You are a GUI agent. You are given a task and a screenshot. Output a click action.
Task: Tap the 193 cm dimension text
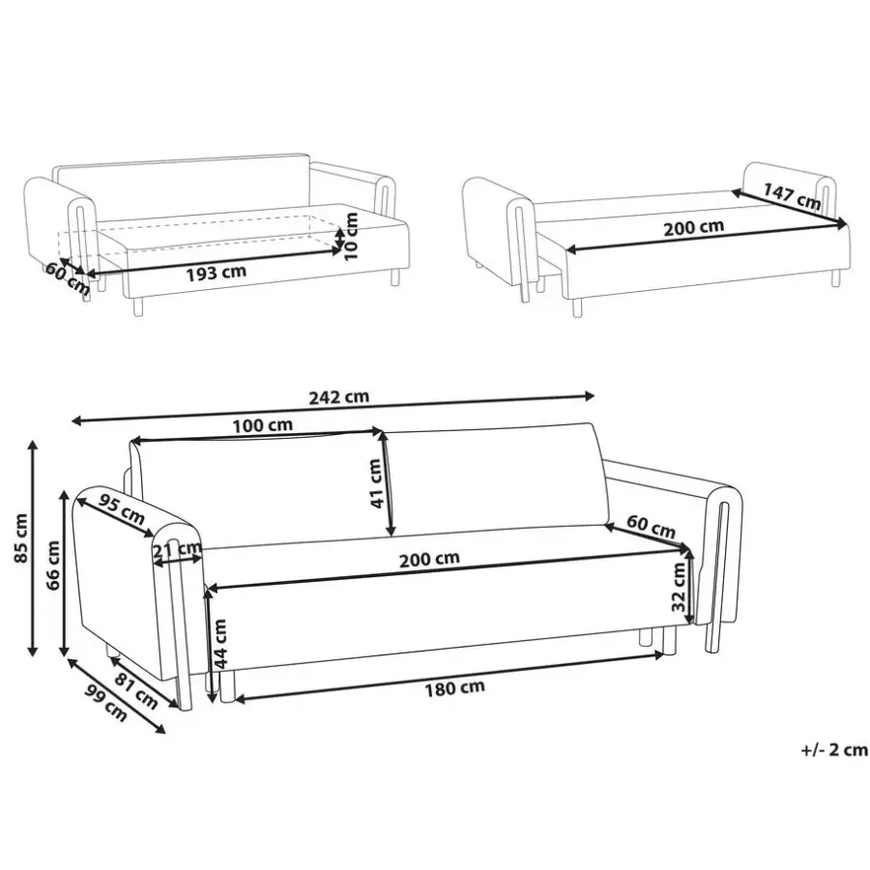pyautogui.click(x=216, y=273)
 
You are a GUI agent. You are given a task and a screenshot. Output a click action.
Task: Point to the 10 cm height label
pyautogui.click(x=351, y=237)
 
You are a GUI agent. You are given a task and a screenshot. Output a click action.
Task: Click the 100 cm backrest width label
pyautogui.click(x=262, y=425)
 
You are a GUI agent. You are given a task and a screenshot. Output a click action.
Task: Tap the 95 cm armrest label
pyautogui.click(x=122, y=509)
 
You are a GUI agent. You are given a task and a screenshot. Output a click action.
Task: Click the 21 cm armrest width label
pyautogui.click(x=177, y=550)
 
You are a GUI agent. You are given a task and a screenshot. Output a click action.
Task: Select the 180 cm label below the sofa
pyautogui.click(x=454, y=688)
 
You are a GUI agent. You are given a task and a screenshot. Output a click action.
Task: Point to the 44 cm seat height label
pyautogui.click(x=220, y=644)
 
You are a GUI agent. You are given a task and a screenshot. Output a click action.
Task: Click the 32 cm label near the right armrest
pyautogui.click(x=679, y=587)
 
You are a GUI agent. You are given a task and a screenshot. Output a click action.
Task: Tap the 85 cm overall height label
pyautogui.click(x=20, y=538)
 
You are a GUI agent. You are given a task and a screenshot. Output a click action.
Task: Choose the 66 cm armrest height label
pyautogui.click(x=53, y=566)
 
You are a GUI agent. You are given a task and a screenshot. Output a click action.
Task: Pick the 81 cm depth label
pyautogui.click(x=136, y=691)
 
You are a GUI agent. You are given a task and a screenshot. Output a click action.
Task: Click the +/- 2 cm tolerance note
pyautogui.click(x=834, y=750)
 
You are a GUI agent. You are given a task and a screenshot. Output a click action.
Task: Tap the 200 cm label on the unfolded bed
pyautogui.click(x=693, y=227)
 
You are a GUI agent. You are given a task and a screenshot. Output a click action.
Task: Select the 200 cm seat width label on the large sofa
pyautogui.click(x=429, y=560)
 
